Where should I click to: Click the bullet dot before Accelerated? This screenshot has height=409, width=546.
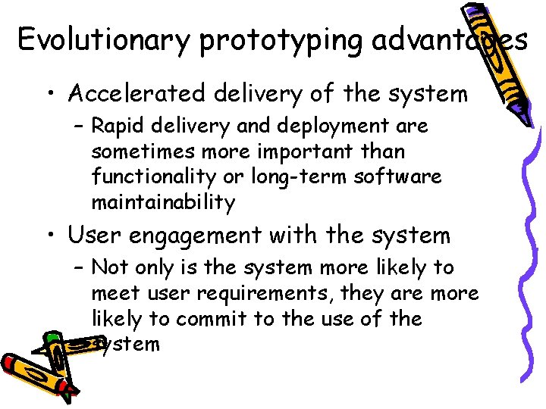coord(49,95)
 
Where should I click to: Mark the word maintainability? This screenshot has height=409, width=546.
coord(163,202)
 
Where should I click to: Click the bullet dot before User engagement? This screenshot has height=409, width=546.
coord(49,236)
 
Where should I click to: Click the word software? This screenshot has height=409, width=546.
coord(404,177)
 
